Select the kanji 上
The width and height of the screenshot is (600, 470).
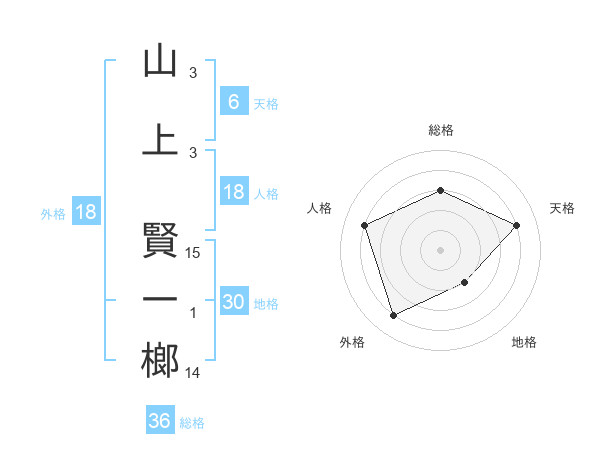[x=160, y=139]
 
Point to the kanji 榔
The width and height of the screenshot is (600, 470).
[x=160, y=359]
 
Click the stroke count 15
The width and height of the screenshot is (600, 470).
[x=193, y=253]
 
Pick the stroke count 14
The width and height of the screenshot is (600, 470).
[x=193, y=373]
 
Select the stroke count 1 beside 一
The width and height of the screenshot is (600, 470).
[x=193, y=313]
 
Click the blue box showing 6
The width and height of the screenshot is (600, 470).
[x=233, y=101]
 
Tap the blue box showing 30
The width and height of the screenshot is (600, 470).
[x=233, y=302]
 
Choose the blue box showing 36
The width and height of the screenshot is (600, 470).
[x=159, y=421]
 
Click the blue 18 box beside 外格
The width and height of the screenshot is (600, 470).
[x=85, y=212]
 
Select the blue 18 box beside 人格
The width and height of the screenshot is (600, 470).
[x=233, y=192]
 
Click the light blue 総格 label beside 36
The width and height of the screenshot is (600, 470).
[x=193, y=423]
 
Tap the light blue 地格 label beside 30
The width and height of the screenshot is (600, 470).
[x=267, y=304]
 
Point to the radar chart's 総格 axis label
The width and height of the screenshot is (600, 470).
[x=441, y=130]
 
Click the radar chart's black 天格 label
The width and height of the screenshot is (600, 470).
[x=562, y=208]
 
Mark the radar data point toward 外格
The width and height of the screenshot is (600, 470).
[x=393, y=316]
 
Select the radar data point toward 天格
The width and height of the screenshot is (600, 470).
[x=517, y=225]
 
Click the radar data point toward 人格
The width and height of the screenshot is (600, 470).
[x=365, y=225]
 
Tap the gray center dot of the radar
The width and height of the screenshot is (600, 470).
[x=441, y=249]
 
